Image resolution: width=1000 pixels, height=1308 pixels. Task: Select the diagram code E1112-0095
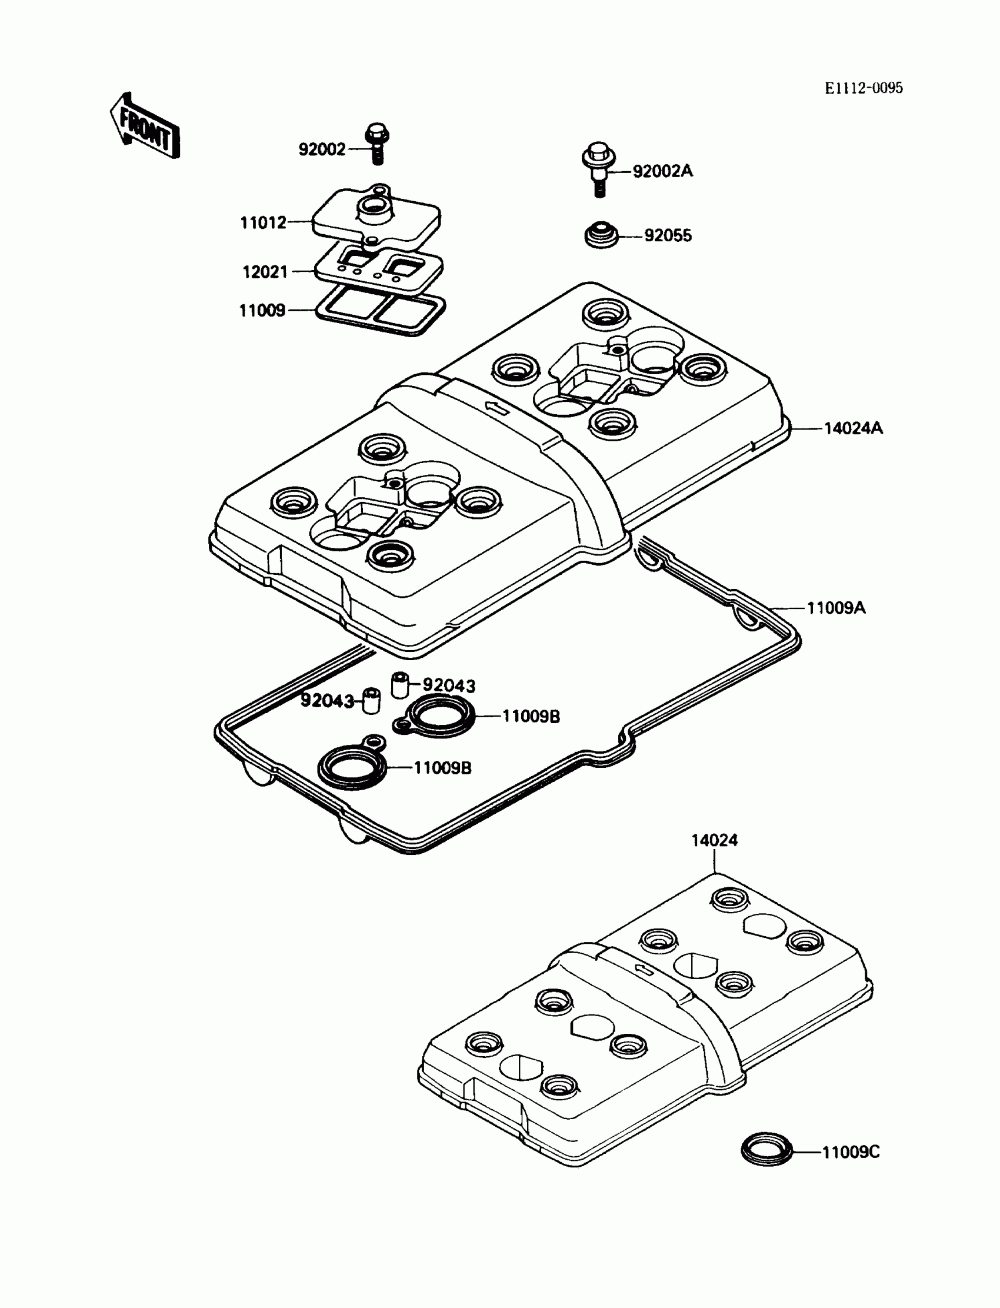click(863, 88)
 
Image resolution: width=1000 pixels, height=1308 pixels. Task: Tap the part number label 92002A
click(662, 171)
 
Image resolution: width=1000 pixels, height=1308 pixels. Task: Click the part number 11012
click(263, 222)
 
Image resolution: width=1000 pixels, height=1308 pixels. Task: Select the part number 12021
click(265, 272)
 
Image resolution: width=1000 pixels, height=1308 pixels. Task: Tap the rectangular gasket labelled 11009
click(381, 309)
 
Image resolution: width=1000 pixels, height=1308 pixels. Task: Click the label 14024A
click(853, 428)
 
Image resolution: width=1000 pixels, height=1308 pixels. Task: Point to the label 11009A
click(836, 608)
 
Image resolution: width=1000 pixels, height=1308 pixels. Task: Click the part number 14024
click(714, 840)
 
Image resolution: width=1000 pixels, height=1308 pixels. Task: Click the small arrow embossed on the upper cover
click(495, 408)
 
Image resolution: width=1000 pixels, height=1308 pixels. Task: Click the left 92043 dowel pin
click(371, 700)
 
